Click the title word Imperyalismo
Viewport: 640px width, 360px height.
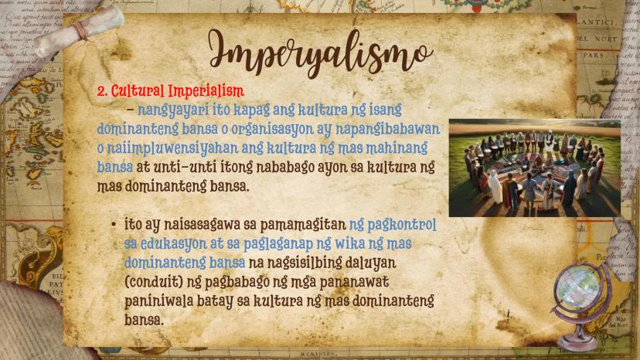tap(321, 53)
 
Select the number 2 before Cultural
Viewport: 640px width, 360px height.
tap(101, 91)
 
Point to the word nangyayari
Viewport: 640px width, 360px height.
tap(173, 110)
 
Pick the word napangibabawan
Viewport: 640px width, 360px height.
tap(388, 129)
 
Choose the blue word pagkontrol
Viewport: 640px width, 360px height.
tap(402, 226)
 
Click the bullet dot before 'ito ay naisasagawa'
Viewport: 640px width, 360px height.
tap(114, 225)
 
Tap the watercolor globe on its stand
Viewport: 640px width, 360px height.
tap(580, 304)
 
